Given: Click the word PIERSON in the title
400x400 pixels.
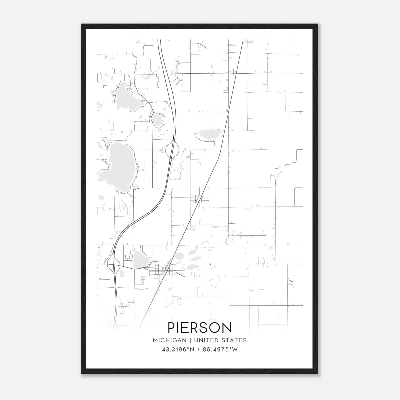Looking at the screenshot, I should tap(200, 327).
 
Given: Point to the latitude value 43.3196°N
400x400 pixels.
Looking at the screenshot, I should tap(178, 349).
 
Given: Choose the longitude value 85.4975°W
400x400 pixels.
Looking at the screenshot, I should tap(220, 349).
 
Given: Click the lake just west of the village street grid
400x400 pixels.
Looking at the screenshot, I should tap(139, 259).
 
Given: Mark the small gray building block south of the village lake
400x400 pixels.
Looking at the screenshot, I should tap(142, 280).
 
